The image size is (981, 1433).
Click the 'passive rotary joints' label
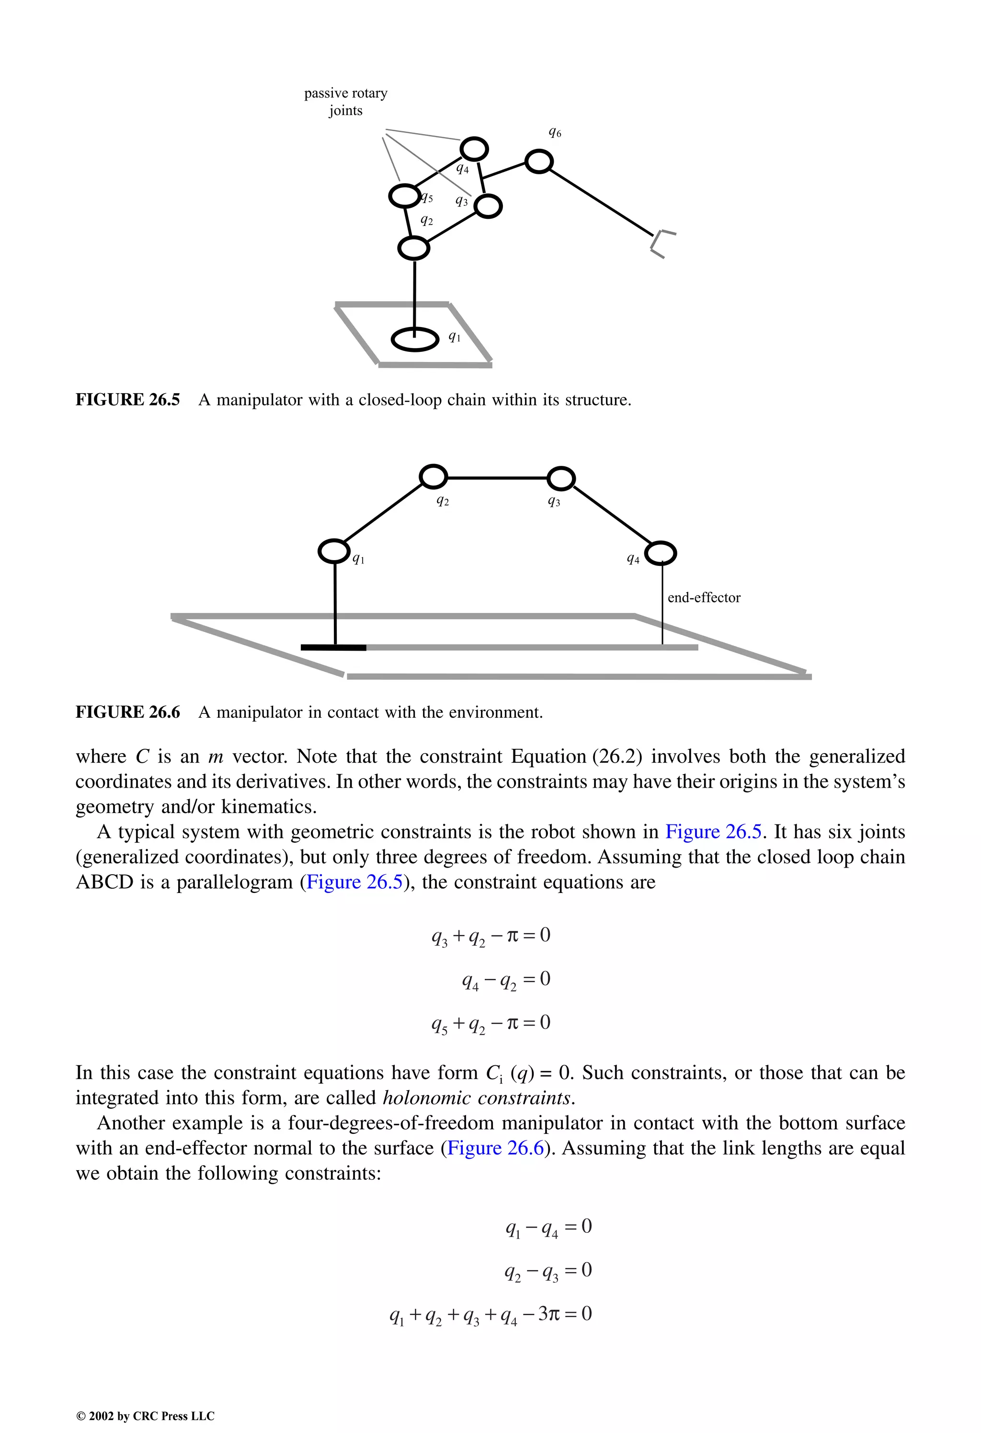345,102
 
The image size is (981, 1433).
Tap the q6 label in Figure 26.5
555,133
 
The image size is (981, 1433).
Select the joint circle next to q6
538,161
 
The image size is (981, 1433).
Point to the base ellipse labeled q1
415,339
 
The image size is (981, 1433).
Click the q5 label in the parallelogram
427,198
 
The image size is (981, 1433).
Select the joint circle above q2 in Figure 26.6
433,477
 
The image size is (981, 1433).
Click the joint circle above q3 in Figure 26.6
561,478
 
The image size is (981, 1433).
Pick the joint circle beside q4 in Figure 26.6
661,553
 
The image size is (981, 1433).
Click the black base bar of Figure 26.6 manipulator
333,647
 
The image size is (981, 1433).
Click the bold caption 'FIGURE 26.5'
128,400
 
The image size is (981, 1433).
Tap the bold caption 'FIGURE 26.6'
128,712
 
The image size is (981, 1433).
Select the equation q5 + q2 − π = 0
490,1023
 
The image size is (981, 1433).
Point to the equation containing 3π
490,1314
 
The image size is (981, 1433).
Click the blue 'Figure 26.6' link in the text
495,1148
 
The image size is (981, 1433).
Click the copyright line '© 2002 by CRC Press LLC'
145,1416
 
